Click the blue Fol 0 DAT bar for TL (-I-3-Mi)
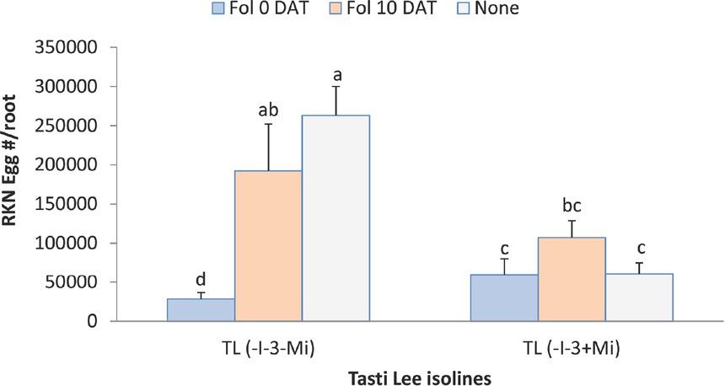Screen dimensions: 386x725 click(201, 310)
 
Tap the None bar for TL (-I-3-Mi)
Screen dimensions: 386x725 click(336, 218)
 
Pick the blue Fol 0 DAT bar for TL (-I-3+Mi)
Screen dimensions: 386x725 click(504, 298)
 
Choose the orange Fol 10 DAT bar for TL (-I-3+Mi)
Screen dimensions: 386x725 click(572, 279)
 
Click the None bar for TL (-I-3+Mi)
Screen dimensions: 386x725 click(639, 298)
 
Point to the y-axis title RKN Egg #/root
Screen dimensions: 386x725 click(17, 184)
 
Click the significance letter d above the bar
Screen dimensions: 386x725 click(201, 279)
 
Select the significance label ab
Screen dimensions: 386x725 click(268, 110)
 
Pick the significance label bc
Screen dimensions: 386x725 click(572, 206)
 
